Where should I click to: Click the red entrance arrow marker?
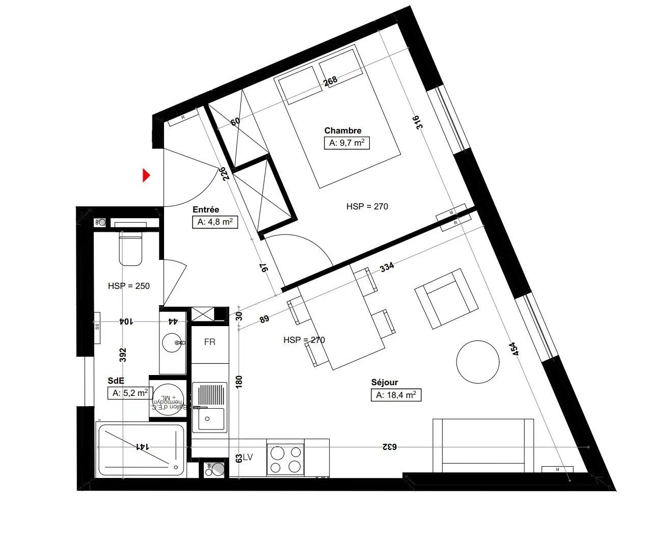pos(146,176)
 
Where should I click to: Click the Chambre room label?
pos(342,130)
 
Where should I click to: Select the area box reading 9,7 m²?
pos(346,143)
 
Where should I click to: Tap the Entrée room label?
pos(206,209)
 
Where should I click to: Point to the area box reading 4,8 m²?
pos(214,222)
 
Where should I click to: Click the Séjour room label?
pos(384,382)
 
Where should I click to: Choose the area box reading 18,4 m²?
pos(396,395)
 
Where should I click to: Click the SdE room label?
pos(116,381)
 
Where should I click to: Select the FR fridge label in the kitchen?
pos(209,342)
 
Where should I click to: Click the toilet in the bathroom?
pos(130,249)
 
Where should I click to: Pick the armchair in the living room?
pos(446,299)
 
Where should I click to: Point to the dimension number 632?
pos(389,447)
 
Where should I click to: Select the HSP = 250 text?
pos(129,286)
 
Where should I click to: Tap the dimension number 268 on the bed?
pos(331,81)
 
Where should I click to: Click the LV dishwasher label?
pos(248,458)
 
